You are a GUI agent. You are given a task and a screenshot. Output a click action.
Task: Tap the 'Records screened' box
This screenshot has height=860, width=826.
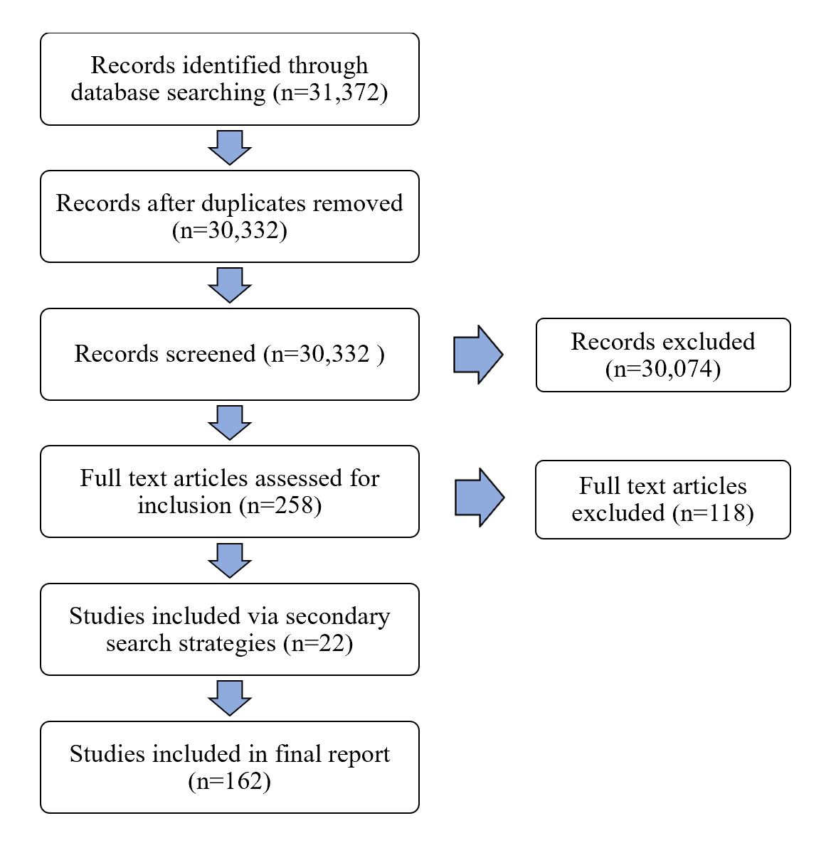pyautogui.click(x=229, y=354)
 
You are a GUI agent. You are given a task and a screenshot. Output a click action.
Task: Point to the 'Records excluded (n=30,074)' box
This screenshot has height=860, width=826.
pyautogui.click(x=662, y=355)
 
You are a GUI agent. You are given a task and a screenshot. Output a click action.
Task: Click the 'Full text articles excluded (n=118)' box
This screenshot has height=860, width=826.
pyautogui.click(x=662, y=499)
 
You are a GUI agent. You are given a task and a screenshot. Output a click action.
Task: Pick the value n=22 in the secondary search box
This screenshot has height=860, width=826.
pyautogui.click(x=317, y=643)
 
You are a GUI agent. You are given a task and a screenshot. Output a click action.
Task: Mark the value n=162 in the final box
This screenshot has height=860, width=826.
pyautogui.click(x=230, y=781)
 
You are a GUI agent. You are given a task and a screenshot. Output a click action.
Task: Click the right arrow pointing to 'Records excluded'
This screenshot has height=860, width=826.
pyautogui.click(x=478, y=355)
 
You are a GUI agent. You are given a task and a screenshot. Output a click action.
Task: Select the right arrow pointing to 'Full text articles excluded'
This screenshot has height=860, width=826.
pyautogui.click(x=480, y=498)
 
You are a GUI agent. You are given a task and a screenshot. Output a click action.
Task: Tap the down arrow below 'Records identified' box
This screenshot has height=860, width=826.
pyautogui.click(x=229, y=147)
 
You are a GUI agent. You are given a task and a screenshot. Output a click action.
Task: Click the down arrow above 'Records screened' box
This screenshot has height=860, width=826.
pyautogui.click(x=229, y=285)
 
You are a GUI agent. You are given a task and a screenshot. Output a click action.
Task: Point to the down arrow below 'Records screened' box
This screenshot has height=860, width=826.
pyautogui.click(x=229, y=422)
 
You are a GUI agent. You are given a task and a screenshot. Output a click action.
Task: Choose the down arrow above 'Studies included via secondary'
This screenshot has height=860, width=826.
pyautogui.click(x=229, y=560)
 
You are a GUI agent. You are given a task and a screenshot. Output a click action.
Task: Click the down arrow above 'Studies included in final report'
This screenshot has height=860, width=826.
pyautogui.click(x=229, y=698)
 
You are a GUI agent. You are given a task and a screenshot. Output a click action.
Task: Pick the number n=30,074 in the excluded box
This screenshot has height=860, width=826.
pyautogui.click(x=663, y=369)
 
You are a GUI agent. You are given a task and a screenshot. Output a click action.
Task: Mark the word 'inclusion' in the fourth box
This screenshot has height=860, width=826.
pyautogui.click(x=185, y=505)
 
